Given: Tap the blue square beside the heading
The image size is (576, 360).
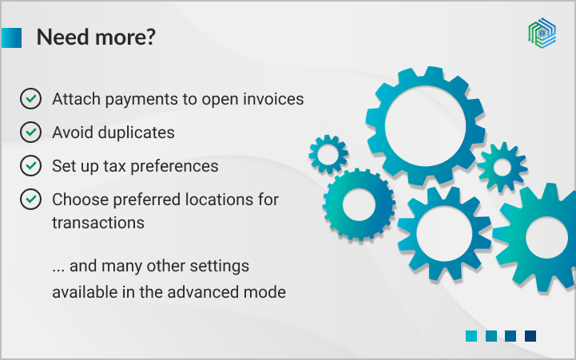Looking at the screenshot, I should (x=11, y=38).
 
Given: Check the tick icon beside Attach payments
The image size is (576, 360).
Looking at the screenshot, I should (x=30, y=99).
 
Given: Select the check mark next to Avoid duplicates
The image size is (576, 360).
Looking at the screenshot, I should (x=30, y=132).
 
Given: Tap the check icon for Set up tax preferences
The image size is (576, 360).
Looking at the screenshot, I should (x=30, y=165).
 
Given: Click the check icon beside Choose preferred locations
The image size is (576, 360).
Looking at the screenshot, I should (x=30, y=198).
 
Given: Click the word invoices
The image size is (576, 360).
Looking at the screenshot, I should (x=274, y=99).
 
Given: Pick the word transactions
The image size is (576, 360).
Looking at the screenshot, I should (x=98, y=222).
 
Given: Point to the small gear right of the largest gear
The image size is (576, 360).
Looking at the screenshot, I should (x=502, y=167).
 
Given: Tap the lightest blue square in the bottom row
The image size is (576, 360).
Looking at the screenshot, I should (x=471, y=336).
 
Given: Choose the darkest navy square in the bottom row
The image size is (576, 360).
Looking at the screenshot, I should (x=530, y=336).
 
